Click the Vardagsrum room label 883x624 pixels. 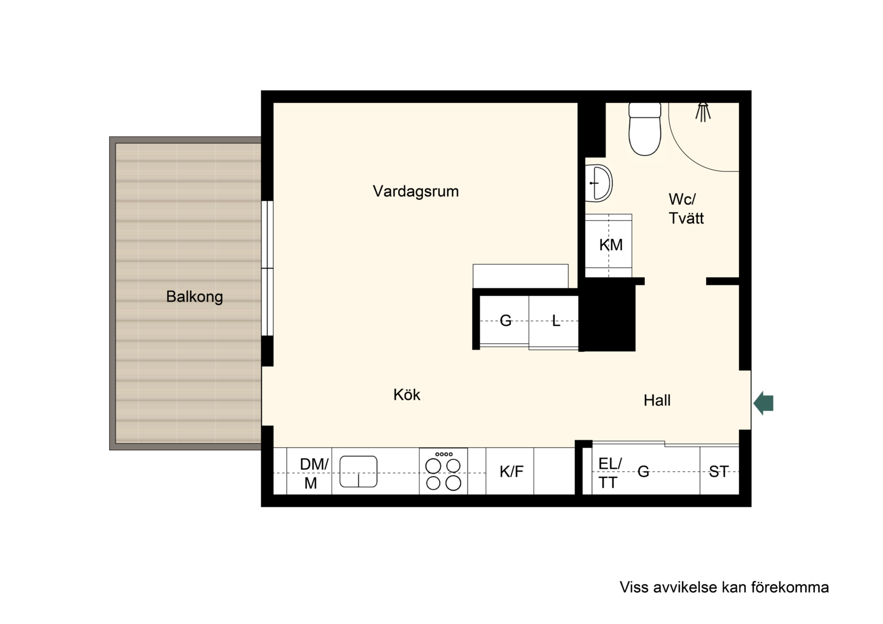point(415,192)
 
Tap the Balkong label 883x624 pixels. point(194,297)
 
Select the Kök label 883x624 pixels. point(407,395)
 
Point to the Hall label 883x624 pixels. point(656,400)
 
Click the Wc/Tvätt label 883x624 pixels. point(686,209)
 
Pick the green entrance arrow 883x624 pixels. point(763,403)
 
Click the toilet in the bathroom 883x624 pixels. point(644,129)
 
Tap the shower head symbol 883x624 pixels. point(703,112)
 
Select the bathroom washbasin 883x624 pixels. point(598,183)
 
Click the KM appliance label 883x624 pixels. point(611,245)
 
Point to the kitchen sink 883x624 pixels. point(358,471)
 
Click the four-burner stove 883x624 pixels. point(443,471)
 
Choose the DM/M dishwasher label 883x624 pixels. point(313,473)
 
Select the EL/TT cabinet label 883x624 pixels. point(610,473)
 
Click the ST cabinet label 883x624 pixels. point(719,472)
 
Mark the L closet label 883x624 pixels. point(556,321)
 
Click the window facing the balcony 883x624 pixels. point(267,268)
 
